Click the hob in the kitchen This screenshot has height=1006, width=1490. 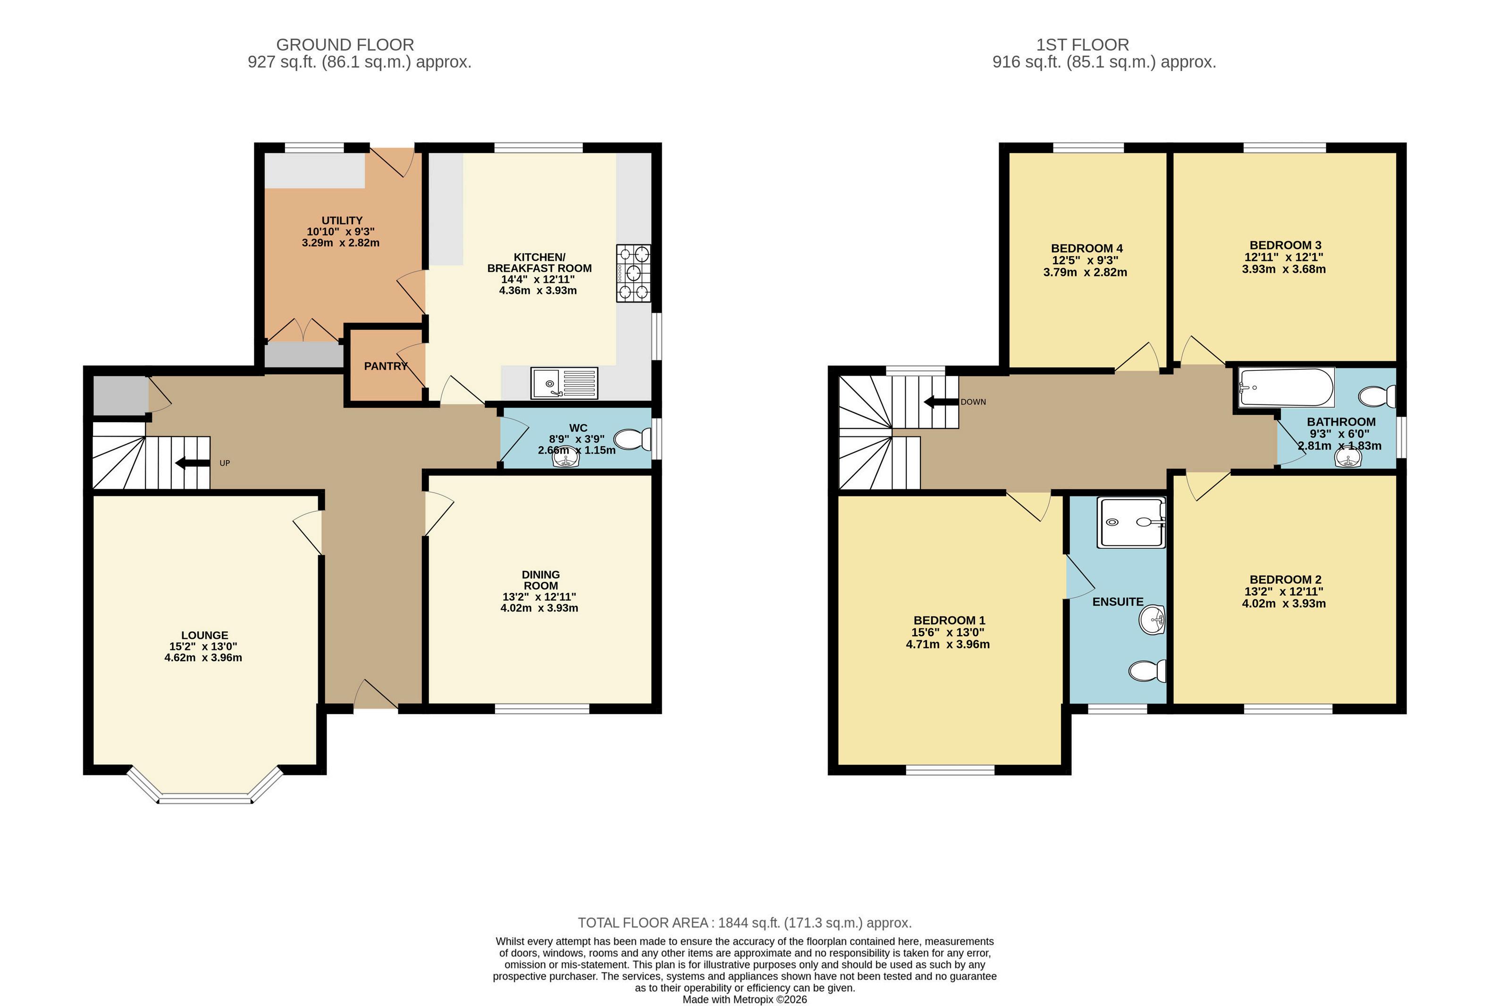coord(633,273)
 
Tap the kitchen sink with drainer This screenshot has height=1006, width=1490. coord(564,383)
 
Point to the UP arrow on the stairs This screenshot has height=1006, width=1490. coord(193,463)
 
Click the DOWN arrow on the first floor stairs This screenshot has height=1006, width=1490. coord(941,402)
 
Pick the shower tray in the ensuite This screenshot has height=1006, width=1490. coord(1131,522)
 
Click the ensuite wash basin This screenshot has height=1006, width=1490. coord(1152,620)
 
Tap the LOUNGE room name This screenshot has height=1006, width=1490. coord(204,636)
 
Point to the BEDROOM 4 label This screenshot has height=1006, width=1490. coord(1087,248)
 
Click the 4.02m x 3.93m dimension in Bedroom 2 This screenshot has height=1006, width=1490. coord(1284,604)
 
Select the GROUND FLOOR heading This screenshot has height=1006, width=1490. coord(345,45)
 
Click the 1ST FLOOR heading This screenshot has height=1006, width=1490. coord(1082,45)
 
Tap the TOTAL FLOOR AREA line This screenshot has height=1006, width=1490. coord(744,922)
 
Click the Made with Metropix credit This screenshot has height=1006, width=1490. coord(744,999)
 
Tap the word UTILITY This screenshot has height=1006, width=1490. coord(342,220)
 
